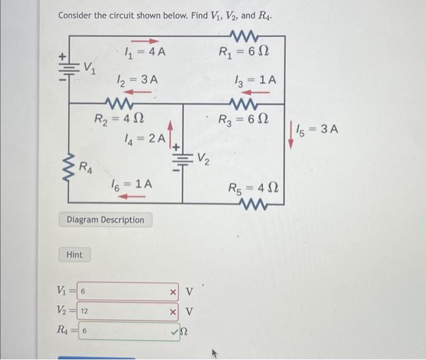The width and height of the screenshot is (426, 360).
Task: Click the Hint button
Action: click(x=74, y=254)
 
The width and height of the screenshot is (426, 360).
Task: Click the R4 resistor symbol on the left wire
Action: click(x=68, y=164)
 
